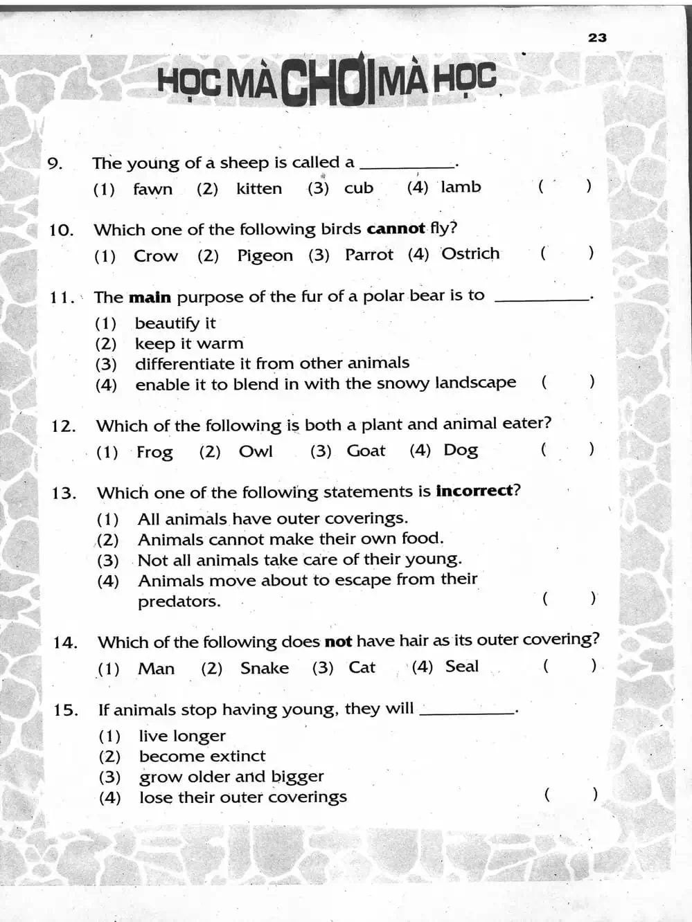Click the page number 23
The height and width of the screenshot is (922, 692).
(x=597, y=37)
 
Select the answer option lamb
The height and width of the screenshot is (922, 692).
(x=461, y=187)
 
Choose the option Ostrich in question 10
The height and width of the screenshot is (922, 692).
(x=470, y=254)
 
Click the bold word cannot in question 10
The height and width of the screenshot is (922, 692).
(x=396, y=229)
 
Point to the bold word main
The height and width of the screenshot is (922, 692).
(x=150, y=298)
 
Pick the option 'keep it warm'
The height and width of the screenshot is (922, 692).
(x=189, y=343)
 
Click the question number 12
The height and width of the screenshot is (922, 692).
(x=63, y=426)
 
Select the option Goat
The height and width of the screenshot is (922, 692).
(x=366, y=451)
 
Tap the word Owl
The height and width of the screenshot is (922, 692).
(x=256, y=451)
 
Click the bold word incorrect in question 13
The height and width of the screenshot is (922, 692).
(x=474, y=491)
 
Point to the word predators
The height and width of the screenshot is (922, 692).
(x=179, y=602)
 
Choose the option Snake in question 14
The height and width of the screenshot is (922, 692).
(x=265, y=668)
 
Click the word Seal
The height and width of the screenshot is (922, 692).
(x=462, y=667)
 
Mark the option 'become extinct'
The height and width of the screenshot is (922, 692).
(x=202, y=756)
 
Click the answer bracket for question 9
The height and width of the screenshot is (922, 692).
(x=565, y=186)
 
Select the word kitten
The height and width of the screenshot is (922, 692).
(x=259, y=188)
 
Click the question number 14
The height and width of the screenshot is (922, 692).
(x=65, y=642)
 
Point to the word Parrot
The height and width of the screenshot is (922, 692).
(x=369, y=255)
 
